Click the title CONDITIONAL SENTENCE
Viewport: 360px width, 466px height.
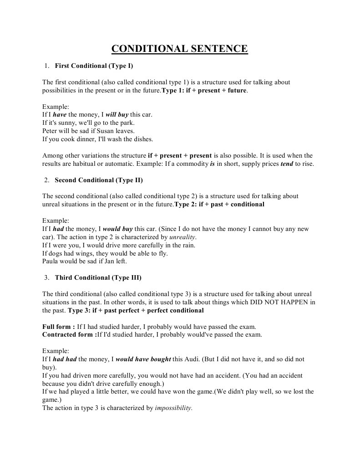click(x=180, y=49)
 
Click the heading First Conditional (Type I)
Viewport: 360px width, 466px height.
click(x=94, y=66)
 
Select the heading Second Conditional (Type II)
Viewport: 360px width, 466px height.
click(x=99, y=180)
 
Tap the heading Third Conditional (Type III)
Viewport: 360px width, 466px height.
click(x=98, y=277)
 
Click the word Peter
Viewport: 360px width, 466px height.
click(x=50, y=131)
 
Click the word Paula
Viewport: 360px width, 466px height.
click(x=51, y=261)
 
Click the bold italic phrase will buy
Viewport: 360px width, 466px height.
click(x=117, y=115)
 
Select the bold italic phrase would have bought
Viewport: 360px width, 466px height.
click(x=143, y=359)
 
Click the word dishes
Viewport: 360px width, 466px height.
click(x=142, y=139)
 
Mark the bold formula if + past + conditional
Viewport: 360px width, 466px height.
click(x=231, y=204)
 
